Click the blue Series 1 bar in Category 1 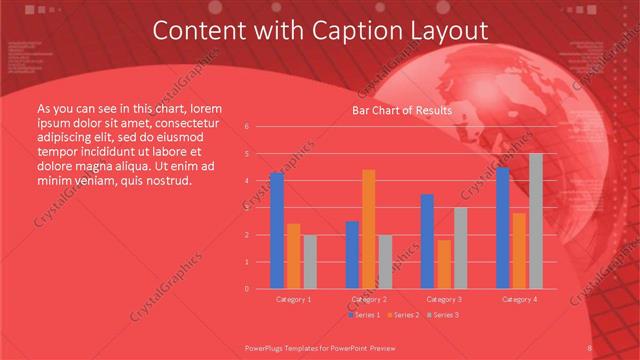click(x=277, y=231)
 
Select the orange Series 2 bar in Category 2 click(x=369, y=229)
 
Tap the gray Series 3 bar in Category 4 click(x=536, y=221)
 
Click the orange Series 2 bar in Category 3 click(x=444, y=264)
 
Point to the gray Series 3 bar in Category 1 click(x=309, y=262)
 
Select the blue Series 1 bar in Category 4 click(x=503, y=228)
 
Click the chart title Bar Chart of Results click(x=402, y=110)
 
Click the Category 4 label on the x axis click(x=519, y=299)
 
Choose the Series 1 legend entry click(x=365, y=315)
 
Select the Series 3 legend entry click(x=443, y=315)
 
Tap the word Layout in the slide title click(x=445, y=32)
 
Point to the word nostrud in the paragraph click(x=166, y=180)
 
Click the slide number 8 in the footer click(x=590, y=347)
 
